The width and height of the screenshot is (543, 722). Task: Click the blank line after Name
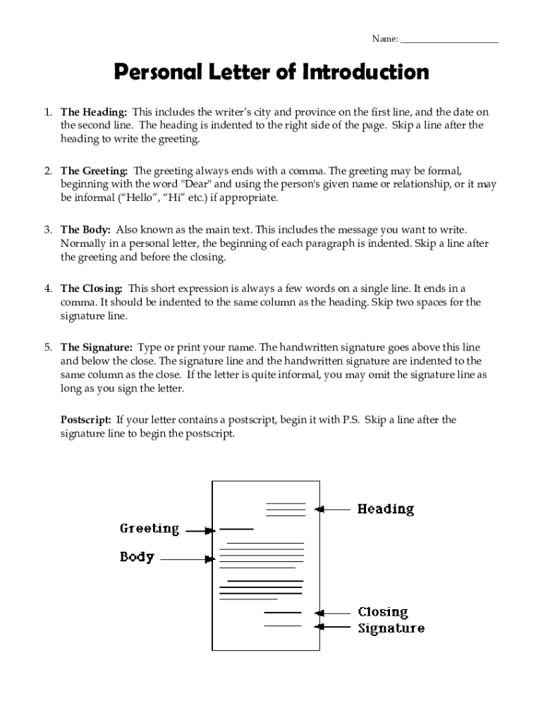pos(449,40)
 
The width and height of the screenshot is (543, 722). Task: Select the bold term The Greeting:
pos(94,171)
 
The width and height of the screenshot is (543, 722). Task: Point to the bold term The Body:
pos(85,230)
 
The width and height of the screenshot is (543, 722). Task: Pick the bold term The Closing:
pos(92,288)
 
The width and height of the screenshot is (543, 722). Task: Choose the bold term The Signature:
pos(97,348)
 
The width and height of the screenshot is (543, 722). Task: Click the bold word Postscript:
pos(86,420)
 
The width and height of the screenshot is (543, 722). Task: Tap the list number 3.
pos(48,230)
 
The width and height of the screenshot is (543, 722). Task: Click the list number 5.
pos(48,348)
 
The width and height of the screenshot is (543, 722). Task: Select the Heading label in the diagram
pos(386,508)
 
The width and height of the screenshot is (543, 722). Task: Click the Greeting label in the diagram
pos(150,529)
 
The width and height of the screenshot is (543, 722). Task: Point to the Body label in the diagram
pos(137,557)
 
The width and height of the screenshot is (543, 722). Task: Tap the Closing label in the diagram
pos(383,612)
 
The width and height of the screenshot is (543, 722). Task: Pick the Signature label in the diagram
pos(391,628)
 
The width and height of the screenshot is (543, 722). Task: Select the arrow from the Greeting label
pos(199,530)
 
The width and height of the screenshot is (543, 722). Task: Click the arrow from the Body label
pos(188,559)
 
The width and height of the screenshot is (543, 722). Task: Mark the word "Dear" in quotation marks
pos(197,185)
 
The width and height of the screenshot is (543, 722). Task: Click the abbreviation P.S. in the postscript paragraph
pos(351,420)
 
